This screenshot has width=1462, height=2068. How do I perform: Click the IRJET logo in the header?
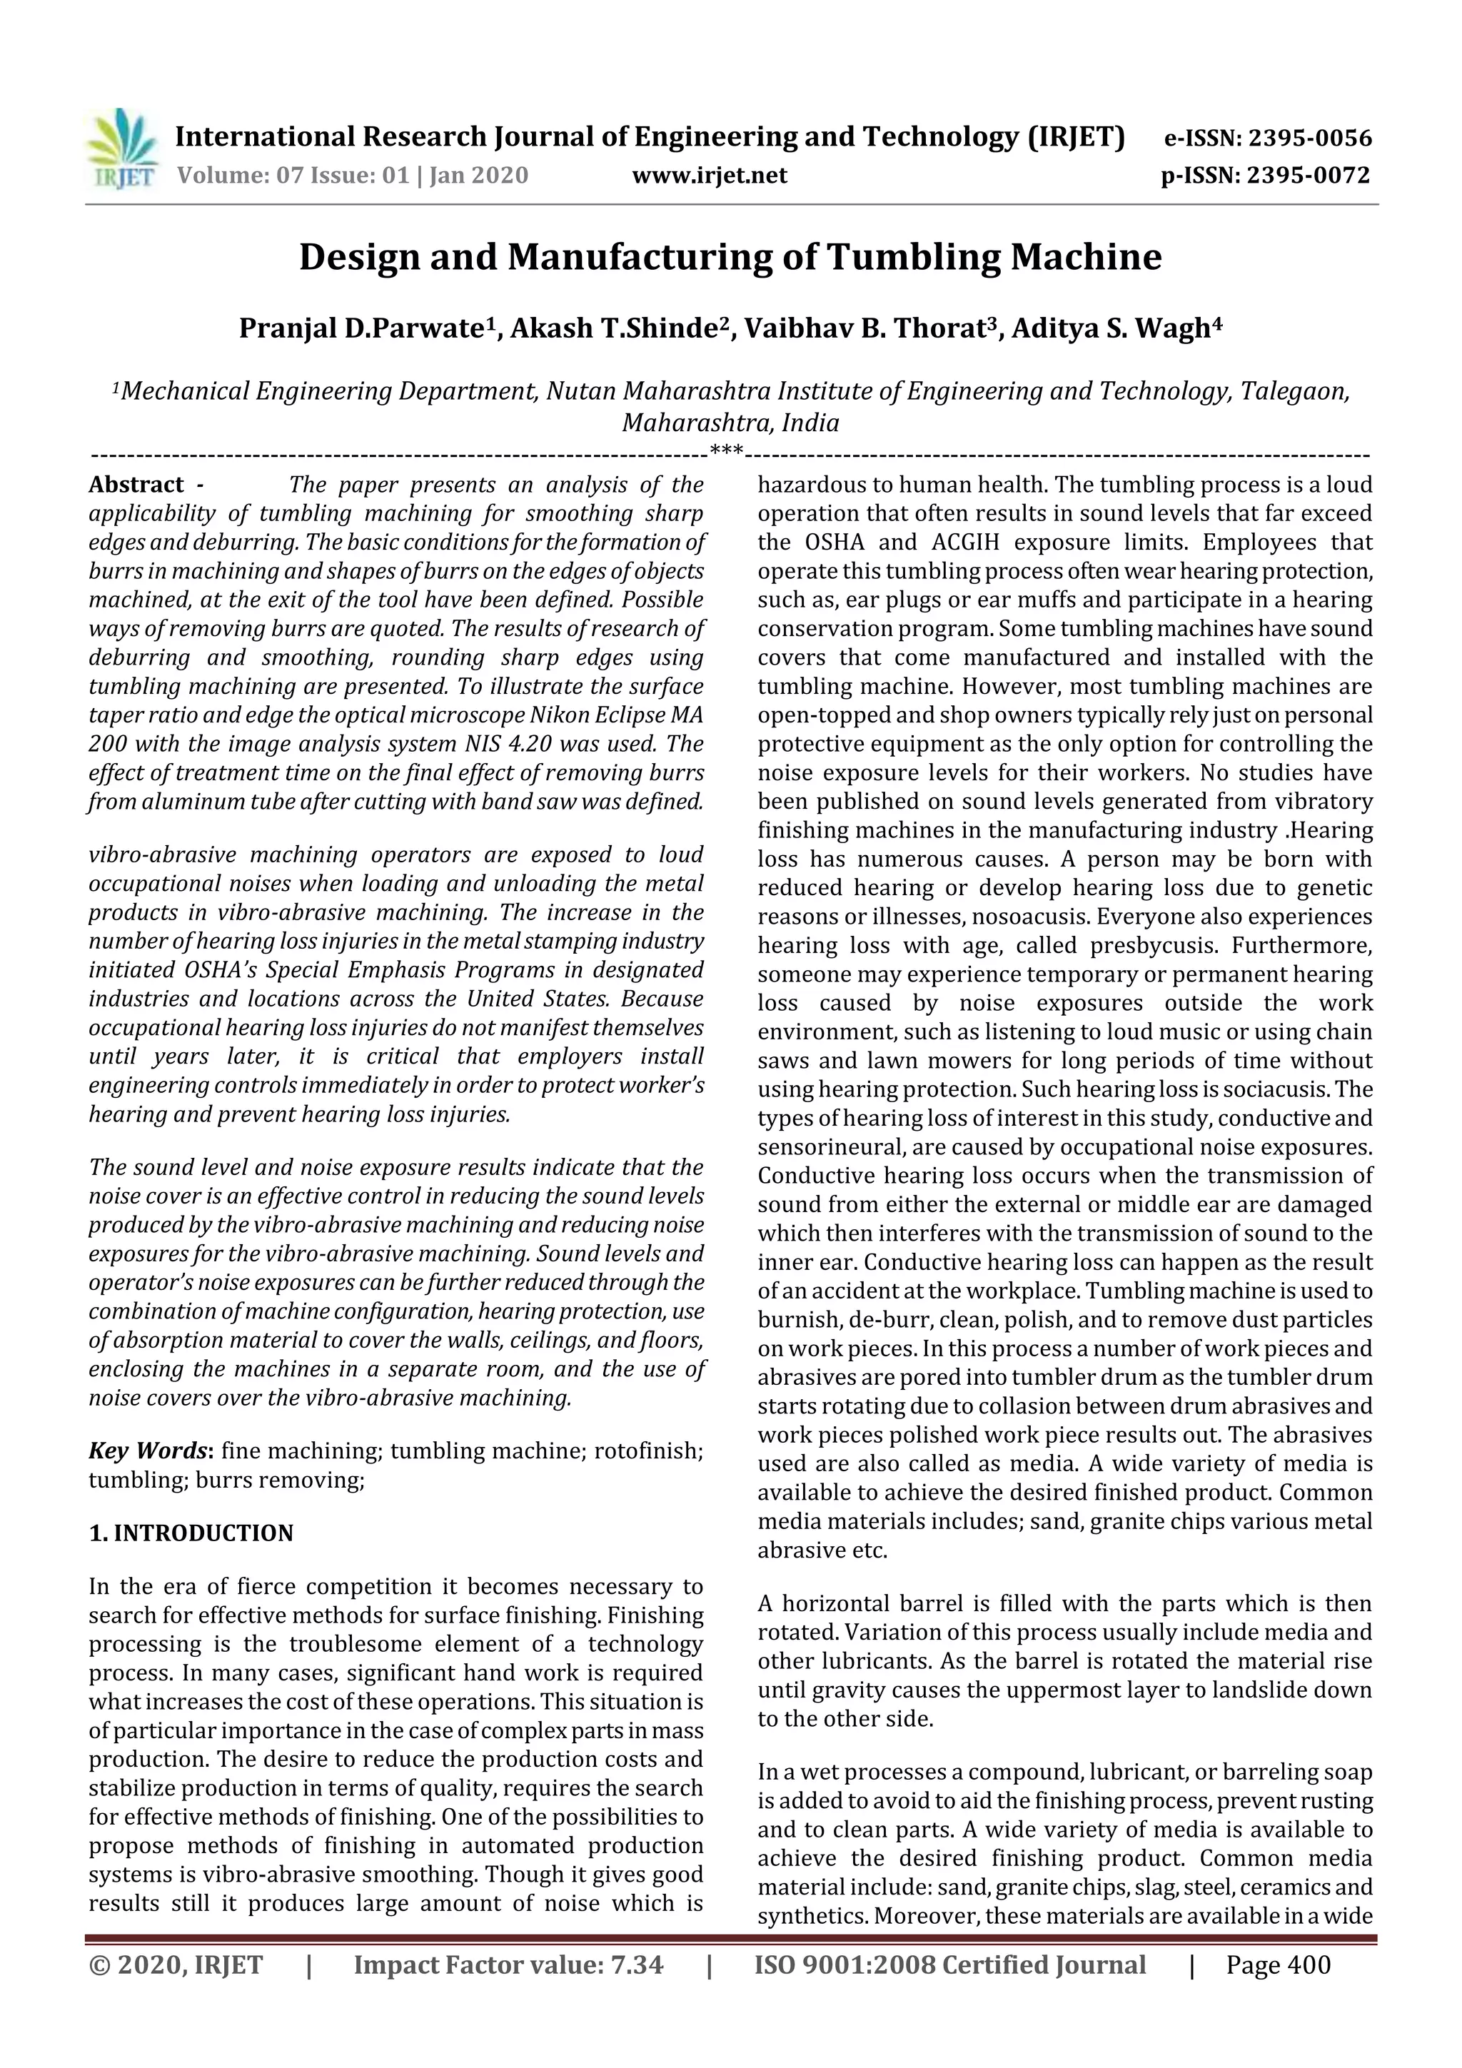coord(121,149)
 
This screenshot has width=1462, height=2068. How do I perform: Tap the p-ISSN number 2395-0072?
coord(1308,175)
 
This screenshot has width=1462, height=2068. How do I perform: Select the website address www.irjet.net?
coord(709,175)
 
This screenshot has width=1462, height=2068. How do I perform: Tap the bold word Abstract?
coord(136,485)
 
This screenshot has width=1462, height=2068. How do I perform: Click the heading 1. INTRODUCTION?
coord(191,1533)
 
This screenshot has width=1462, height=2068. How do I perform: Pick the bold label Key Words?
coord(148,1450)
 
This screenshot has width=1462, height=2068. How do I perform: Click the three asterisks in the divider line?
coord(727,450)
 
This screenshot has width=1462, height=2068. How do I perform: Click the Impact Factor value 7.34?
coord(637,1964)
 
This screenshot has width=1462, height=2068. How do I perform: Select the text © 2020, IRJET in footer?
coord(176,1964)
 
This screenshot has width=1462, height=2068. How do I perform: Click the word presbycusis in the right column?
coord(1150,946)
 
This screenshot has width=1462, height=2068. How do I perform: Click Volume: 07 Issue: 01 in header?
coord(293,175)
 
